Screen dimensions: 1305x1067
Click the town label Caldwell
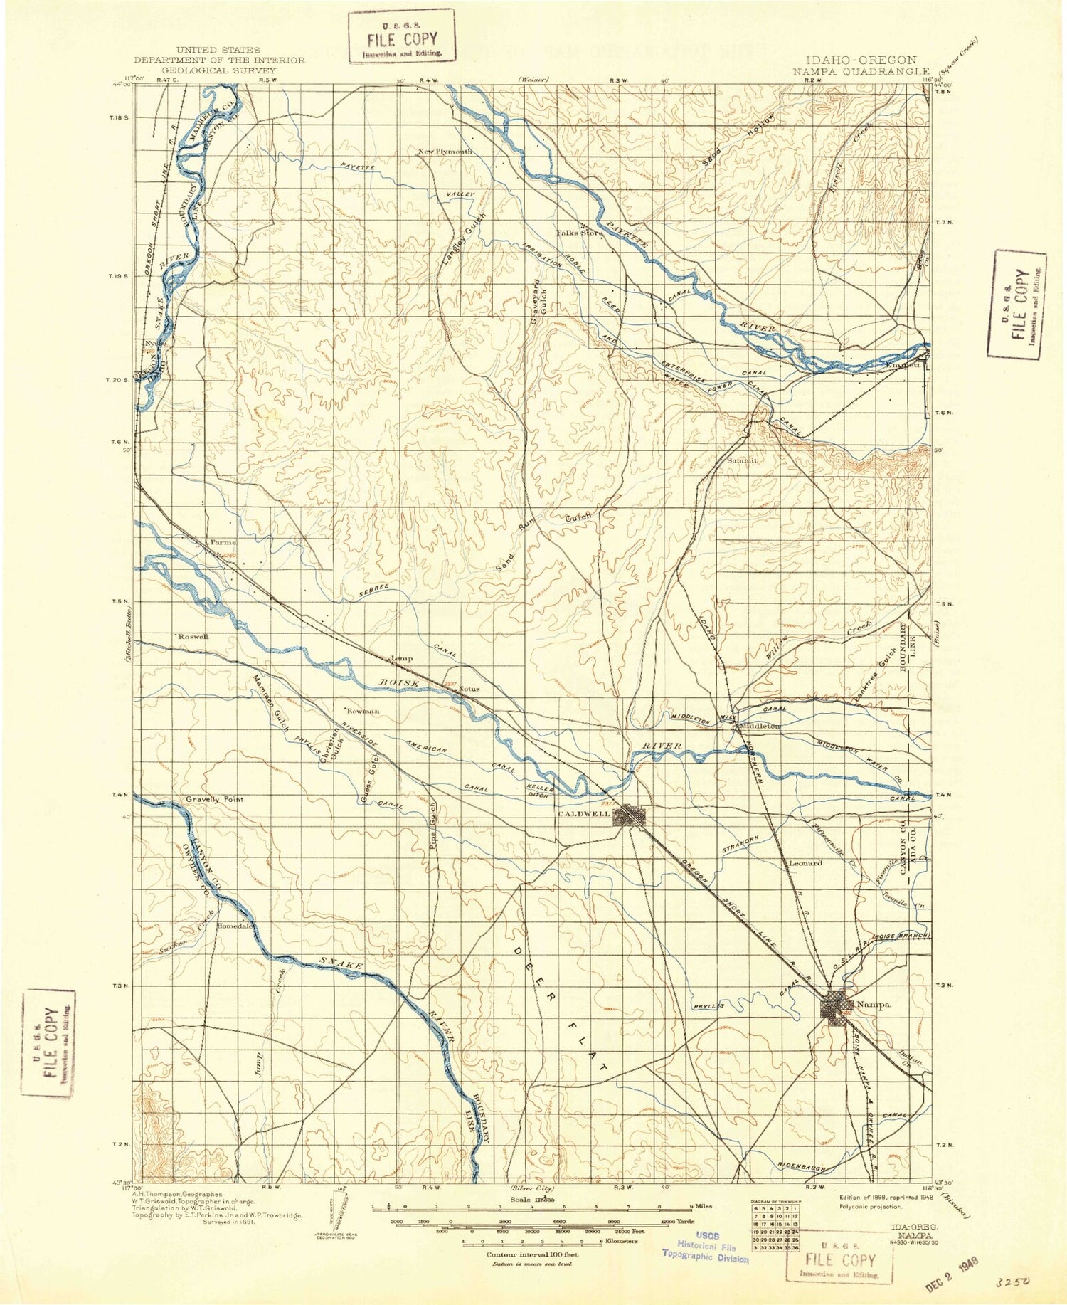click(x=584, y=814)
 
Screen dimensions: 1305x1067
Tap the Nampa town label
click(x=874, y=1004)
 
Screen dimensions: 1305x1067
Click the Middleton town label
click(x=760, y=726)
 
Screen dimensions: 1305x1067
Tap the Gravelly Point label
click(x=214, y=799)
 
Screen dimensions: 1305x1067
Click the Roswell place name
click(x=193, y=636)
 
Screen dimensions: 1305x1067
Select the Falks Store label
click(x=579, y=233)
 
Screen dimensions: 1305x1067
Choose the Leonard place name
click(x=805, y=863)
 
